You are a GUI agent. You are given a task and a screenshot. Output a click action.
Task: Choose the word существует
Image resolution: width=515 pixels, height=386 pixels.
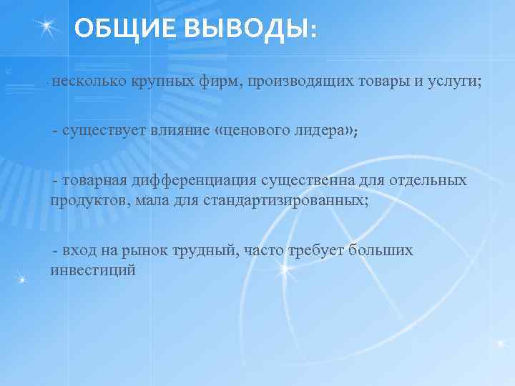tap(105, 130)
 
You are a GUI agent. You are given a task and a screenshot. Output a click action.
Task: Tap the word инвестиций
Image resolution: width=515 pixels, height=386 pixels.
tap(93, 270)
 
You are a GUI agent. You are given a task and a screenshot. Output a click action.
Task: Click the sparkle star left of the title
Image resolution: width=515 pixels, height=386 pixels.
tap(47, 26)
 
